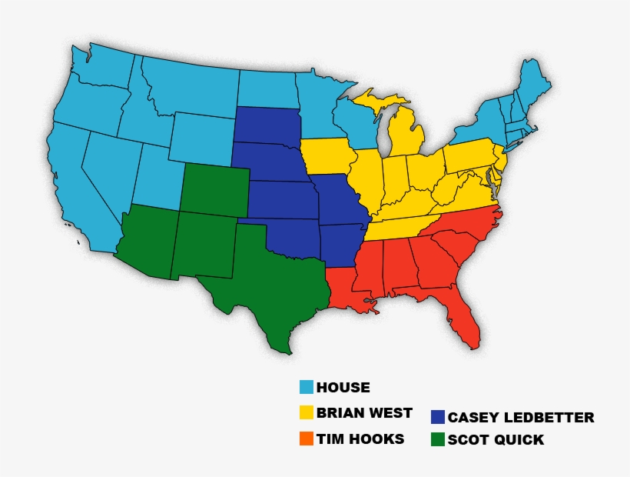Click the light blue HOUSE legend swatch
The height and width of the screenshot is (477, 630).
307,388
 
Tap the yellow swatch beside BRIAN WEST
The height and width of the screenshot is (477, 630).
307,413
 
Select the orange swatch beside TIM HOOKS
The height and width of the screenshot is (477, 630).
307,439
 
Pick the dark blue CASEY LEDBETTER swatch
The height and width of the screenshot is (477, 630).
438,417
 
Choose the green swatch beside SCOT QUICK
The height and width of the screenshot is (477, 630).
438,440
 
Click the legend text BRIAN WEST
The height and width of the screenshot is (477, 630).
364,413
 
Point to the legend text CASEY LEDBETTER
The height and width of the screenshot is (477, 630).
521,418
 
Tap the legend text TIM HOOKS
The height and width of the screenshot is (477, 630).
360,439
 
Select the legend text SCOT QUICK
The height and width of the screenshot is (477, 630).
496,440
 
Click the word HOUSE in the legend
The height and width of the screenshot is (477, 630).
343,388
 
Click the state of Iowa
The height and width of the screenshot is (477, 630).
326,157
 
